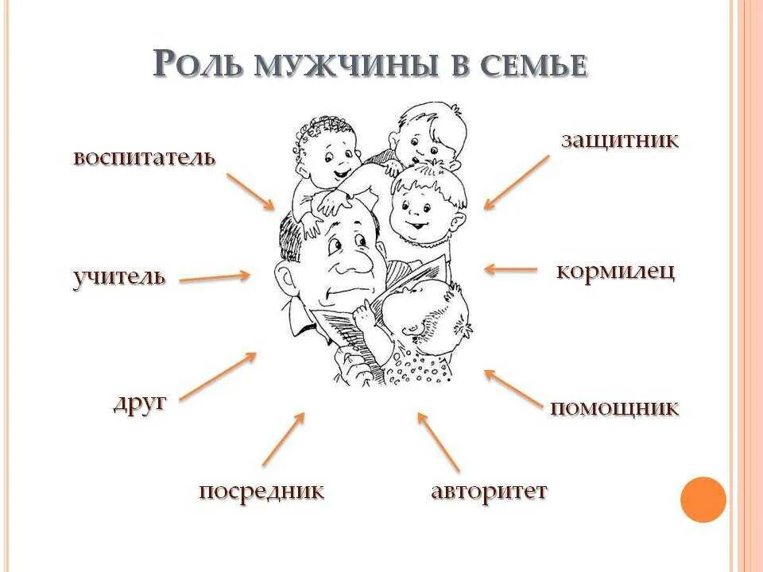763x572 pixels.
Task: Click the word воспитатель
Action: pos(144,157)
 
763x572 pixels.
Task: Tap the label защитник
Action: pos(620,141)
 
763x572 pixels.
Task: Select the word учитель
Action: pos(119,277)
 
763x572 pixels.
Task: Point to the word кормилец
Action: pos(616,271)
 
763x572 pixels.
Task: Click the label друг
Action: pos(140,402)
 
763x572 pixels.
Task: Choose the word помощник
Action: pos(614,408)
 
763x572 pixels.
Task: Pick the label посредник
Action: pos(261,491)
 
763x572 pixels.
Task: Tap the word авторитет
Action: pos(489,491)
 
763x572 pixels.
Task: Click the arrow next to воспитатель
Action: pos(250,191)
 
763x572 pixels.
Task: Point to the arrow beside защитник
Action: pos(516,182)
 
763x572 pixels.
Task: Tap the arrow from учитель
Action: pos(215,277)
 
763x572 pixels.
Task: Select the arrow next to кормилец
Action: pos(511,269)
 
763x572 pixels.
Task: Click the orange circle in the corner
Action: pos(703,499)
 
